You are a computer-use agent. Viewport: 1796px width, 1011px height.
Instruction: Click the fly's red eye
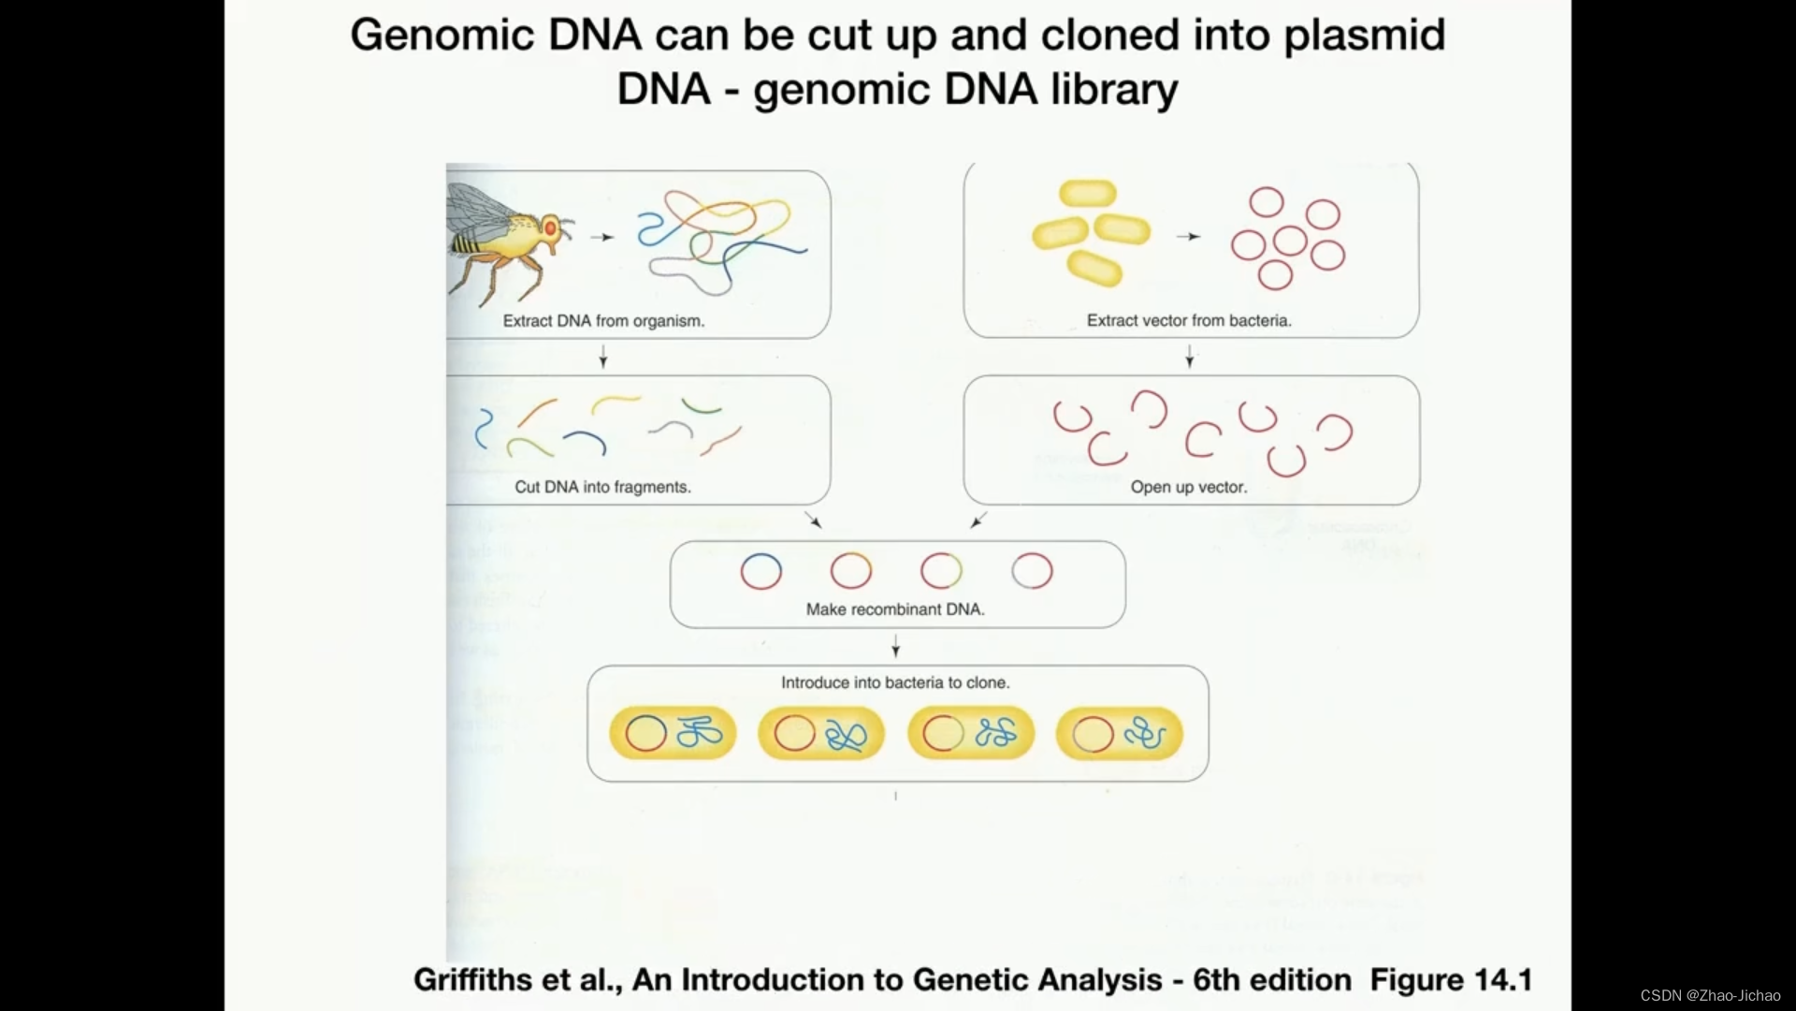pos(551,227)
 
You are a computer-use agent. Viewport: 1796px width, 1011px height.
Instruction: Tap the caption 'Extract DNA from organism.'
pos(603,321)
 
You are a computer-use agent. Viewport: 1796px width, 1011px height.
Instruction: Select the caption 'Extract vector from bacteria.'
pos(1189,320)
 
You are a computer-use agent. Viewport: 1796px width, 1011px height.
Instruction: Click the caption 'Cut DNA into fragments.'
pos(602,487)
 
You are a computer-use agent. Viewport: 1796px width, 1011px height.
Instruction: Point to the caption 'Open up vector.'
pos(1188,487)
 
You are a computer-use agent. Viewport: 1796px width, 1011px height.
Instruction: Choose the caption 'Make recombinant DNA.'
pos(895,609)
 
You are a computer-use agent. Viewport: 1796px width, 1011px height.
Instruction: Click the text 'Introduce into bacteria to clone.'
pos(895,682)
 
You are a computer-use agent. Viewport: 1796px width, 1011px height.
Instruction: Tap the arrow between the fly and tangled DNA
pos(602,237)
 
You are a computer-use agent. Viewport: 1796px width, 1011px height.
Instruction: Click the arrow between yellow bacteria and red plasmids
pos(1188,237)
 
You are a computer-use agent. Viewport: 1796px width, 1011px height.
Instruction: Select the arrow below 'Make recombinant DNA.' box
pos(895,646)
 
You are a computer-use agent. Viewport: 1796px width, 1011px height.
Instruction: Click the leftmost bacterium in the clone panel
pos(673,733)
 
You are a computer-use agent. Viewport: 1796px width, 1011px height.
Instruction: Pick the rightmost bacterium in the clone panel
pos(1120,733)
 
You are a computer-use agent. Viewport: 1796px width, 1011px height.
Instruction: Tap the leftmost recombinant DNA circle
pos(760,571)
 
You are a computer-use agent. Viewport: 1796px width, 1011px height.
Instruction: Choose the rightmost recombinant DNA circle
pos(1032,571)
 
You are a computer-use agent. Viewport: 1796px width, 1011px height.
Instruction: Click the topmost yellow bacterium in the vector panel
pos(1088,194)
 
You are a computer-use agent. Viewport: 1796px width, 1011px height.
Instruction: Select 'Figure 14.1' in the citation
pos(1451,979)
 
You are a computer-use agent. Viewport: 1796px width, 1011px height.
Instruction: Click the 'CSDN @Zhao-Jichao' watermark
pos(1710,996)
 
